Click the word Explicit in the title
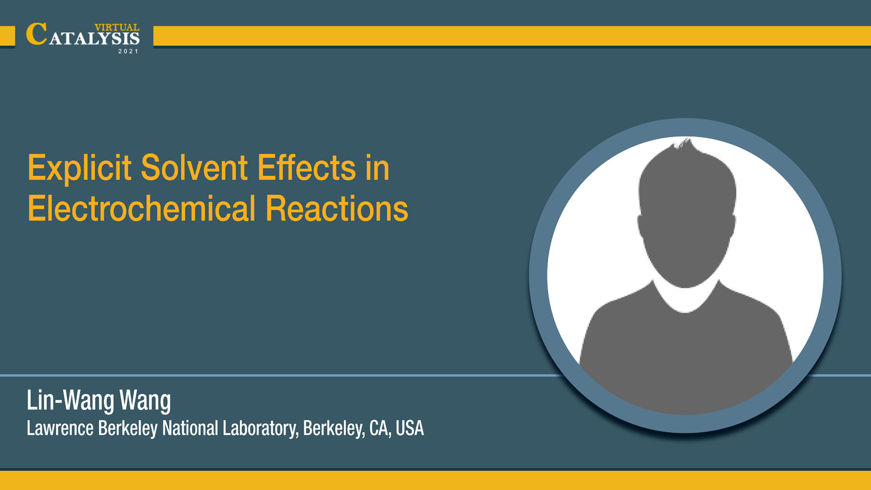(x=79, y=169)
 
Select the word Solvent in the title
(x=194, y=168)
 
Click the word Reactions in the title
(x=337, y=209)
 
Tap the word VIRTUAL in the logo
(x=117, y=27)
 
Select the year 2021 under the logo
(x=128, y=51)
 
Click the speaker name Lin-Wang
(x=70, y=401)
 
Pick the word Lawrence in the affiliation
(x=60, y=428)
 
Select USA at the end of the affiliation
(x=409, y=428)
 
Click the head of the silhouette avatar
(x=686, y=218)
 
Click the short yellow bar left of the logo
(x=8, y=36)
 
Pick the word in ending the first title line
(x=378, y=168)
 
